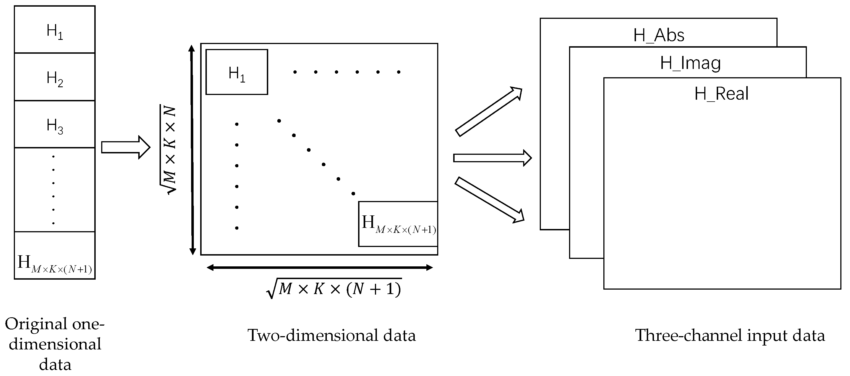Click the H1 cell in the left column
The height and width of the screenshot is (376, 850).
(x=55, y=30)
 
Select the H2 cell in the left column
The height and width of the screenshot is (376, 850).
(x=55, y=77)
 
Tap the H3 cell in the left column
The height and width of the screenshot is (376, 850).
(x=55, y=125)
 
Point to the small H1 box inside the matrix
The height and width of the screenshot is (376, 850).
(x=237, y=72)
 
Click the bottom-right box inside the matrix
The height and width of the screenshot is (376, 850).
(x=398, y=224)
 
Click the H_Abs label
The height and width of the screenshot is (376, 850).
(x=659, y=35)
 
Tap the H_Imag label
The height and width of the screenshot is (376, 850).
(x=690, y=63)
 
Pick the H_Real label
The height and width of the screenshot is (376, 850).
(x=721, y=94)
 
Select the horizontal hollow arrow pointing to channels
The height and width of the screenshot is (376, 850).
(x=492, y=158)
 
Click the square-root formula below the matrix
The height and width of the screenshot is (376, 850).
(x=334, y=289)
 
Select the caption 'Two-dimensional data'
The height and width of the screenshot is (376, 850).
(x=331, y=335)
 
